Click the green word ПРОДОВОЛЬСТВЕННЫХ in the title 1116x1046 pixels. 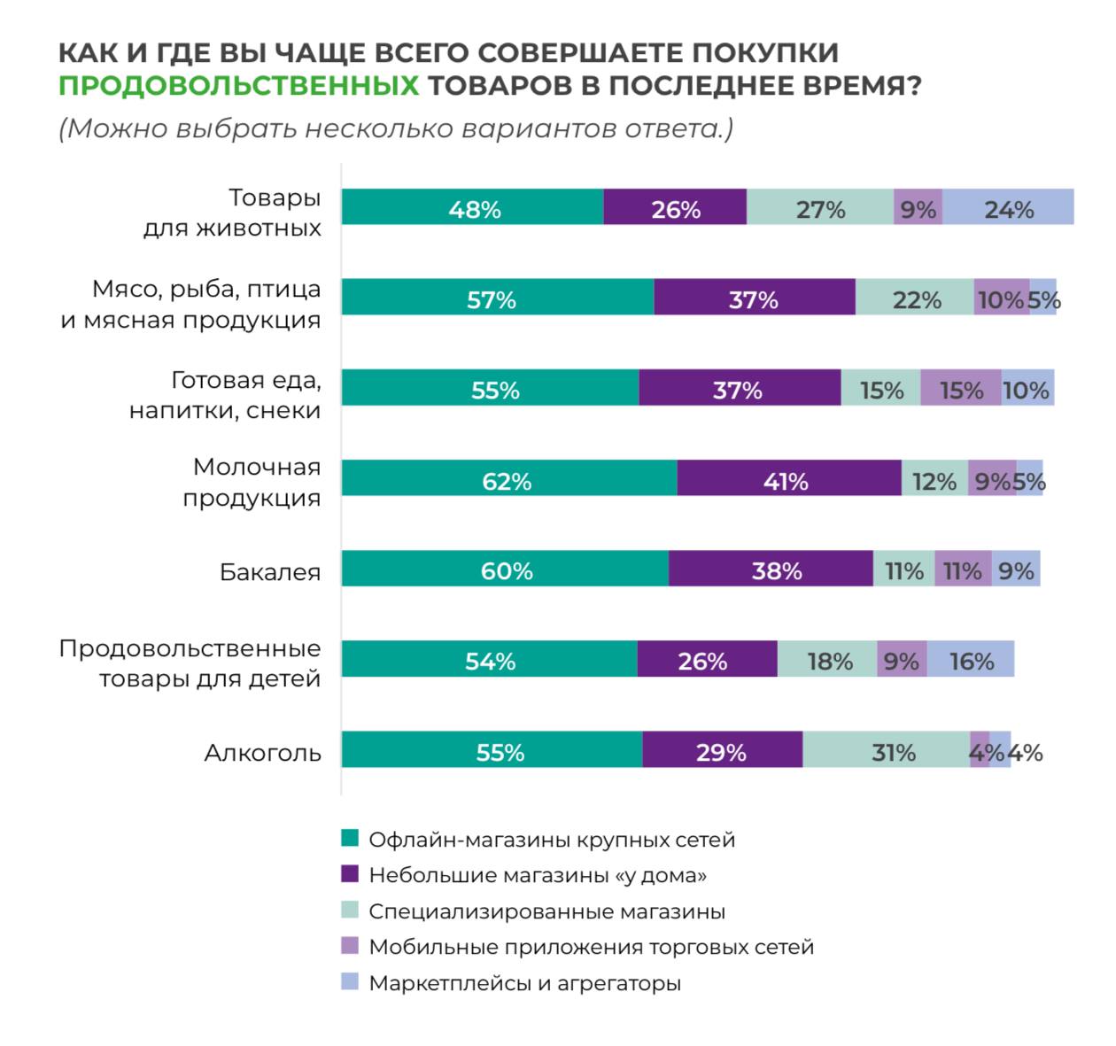(x=238, y=86)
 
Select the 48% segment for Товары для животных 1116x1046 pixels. (x=473, y=208)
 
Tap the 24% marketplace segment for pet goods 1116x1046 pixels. (x=1008, y=208)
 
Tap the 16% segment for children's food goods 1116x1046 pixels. (x=971, y=660)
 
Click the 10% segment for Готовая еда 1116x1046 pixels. (x=1027, y=389)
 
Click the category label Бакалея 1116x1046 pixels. (x=269, y=571)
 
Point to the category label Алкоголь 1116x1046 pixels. (x=262, y=752)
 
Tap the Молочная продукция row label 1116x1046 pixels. (x=252, y=482)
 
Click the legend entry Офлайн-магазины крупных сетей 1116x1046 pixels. (x=551, y=839)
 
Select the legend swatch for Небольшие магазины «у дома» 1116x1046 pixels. (x=350, y=874)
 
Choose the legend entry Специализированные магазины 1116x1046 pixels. (x=546, y=910)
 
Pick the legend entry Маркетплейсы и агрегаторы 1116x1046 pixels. (x=524, y=982)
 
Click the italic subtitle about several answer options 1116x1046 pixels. (x=396, y=128)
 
